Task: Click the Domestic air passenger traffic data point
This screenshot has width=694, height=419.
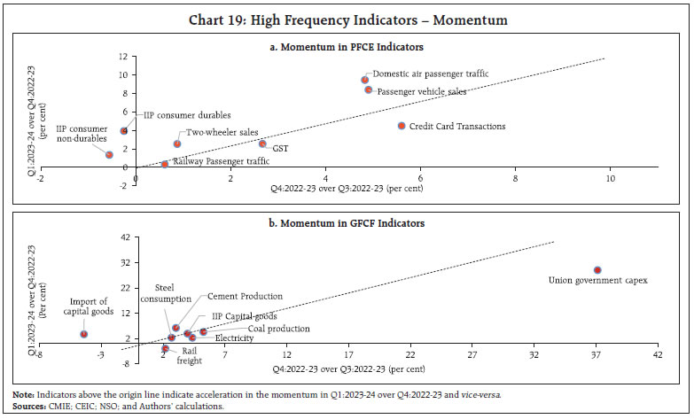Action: [364, 80]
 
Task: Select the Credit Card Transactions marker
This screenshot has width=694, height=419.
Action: [402, 126]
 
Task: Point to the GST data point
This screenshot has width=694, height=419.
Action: [262, 144]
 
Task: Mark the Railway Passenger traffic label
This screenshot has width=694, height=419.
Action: [221, 162]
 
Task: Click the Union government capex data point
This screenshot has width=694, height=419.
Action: [597, 269]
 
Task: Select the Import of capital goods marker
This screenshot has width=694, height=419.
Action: [83, 334]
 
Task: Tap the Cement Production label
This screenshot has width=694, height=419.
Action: [246, 296]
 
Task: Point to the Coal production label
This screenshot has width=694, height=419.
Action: [278, 329]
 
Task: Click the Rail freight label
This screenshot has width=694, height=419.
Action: [187, 355]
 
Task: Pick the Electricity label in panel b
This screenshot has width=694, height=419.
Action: [234, 338]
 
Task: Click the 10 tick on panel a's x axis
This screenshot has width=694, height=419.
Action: [610, 178]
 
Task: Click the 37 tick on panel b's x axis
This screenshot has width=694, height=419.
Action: [597, 355]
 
